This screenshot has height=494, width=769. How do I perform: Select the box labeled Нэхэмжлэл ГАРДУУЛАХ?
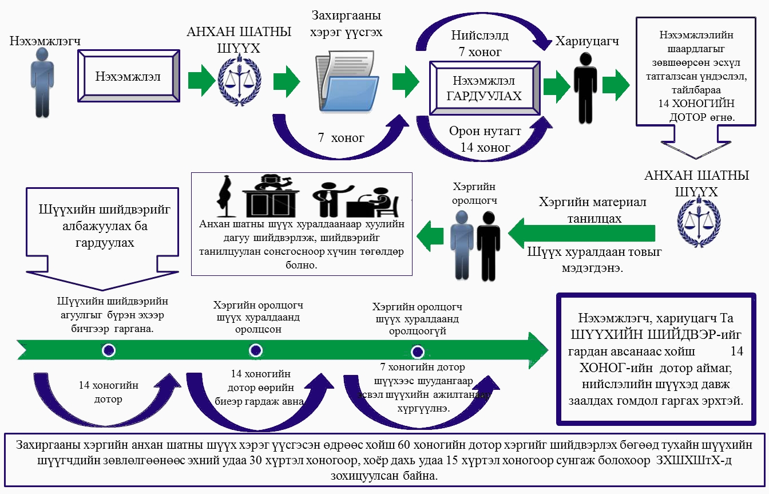click(x=483, y=89)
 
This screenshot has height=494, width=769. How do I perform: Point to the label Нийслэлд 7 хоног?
click(x=479, y=44)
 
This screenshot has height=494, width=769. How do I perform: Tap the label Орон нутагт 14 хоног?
click(x=485, y=139)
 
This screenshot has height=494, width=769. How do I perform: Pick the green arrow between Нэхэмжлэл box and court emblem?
click(x=200, y=77)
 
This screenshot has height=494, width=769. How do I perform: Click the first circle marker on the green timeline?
click(x=109, y=350)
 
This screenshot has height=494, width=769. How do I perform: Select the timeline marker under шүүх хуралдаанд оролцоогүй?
click(x=418, y=351)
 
